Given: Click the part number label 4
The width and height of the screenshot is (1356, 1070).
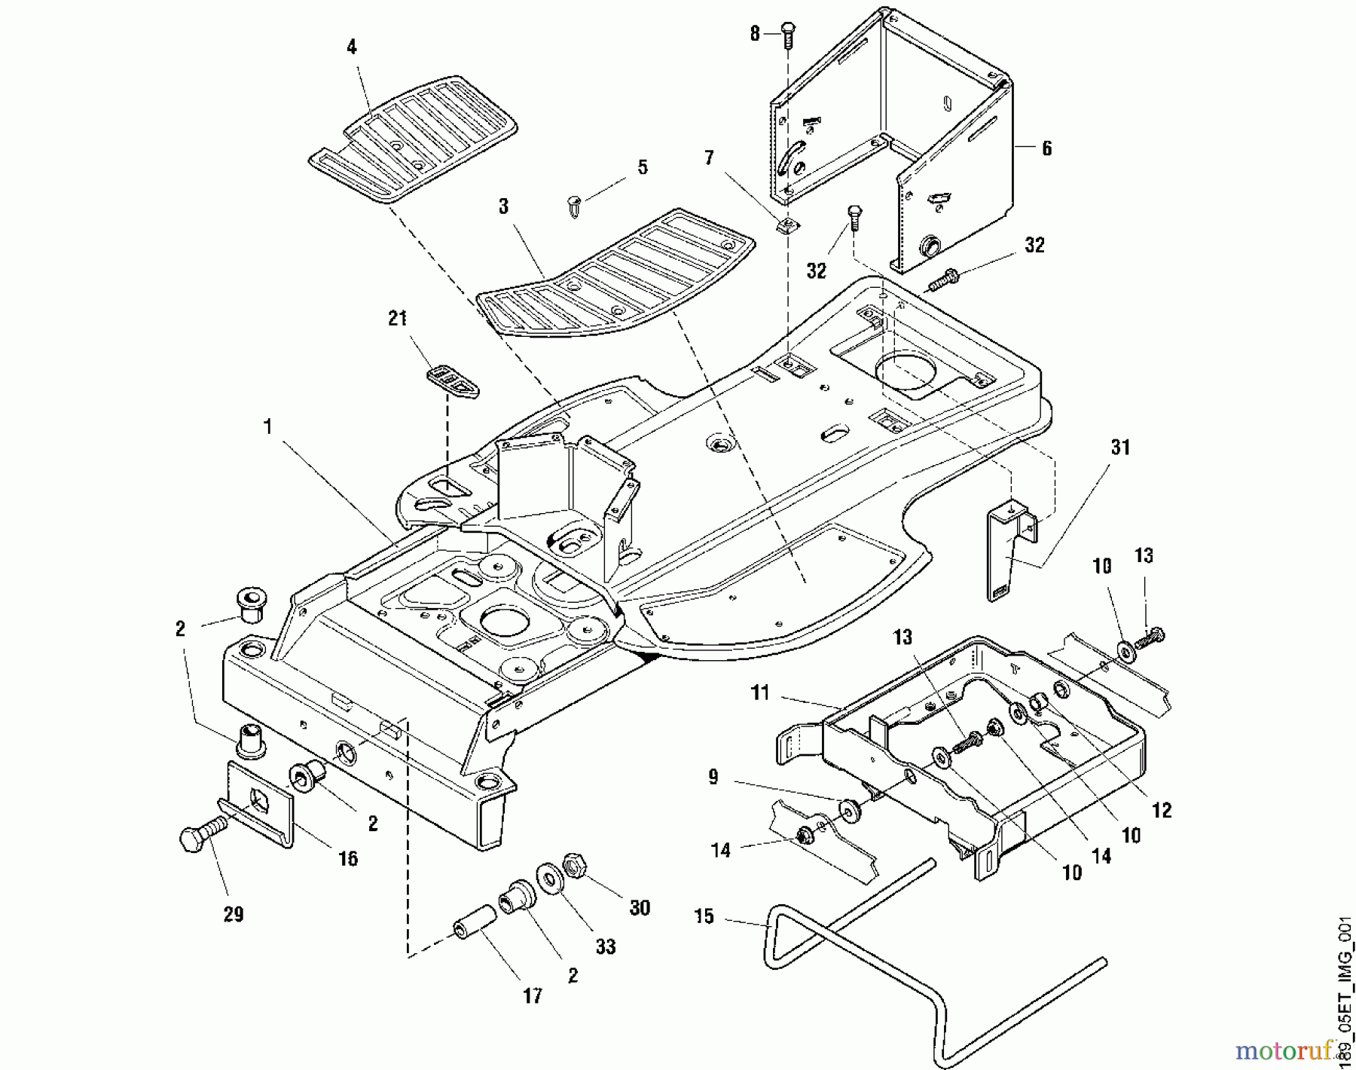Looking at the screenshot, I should pos(352,47).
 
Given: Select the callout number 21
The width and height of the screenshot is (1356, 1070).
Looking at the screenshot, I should pos(397,318).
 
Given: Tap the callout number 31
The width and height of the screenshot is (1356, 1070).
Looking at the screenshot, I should pos(1120,448).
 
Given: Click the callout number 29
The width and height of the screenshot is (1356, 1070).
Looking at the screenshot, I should pos(234,914).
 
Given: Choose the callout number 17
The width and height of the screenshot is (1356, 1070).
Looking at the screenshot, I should pos(533,995).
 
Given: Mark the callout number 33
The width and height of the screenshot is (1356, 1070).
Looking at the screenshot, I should pos(606,946).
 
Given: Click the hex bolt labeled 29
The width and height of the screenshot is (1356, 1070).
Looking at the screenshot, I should pos(198,836).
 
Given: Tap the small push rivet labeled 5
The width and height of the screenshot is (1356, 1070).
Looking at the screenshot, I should pos(575,206).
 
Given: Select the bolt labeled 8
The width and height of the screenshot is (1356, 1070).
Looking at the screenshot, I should pos(788,35).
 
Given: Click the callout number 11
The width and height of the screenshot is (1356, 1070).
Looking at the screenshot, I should pos(760,692).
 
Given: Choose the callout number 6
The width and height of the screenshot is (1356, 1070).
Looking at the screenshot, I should pos(1046,148).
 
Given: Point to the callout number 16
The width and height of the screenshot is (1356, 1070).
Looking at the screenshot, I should pos(347,858).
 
